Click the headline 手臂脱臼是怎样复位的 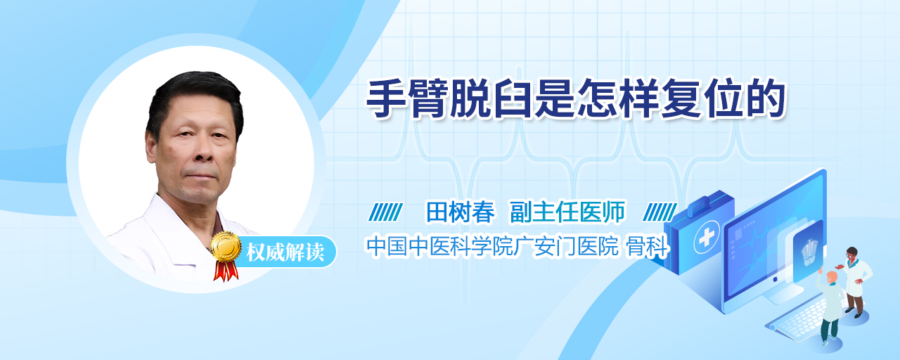tap(575, 99)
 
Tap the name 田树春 tap(460, 212)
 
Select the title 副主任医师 tap(567, 212)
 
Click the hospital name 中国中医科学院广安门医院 tap(493, 246)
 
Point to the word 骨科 tap(648, 246)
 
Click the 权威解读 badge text tap(285, 252)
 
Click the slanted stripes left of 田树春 tap(386, 212)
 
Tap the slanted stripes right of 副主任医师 tap(660, 212)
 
